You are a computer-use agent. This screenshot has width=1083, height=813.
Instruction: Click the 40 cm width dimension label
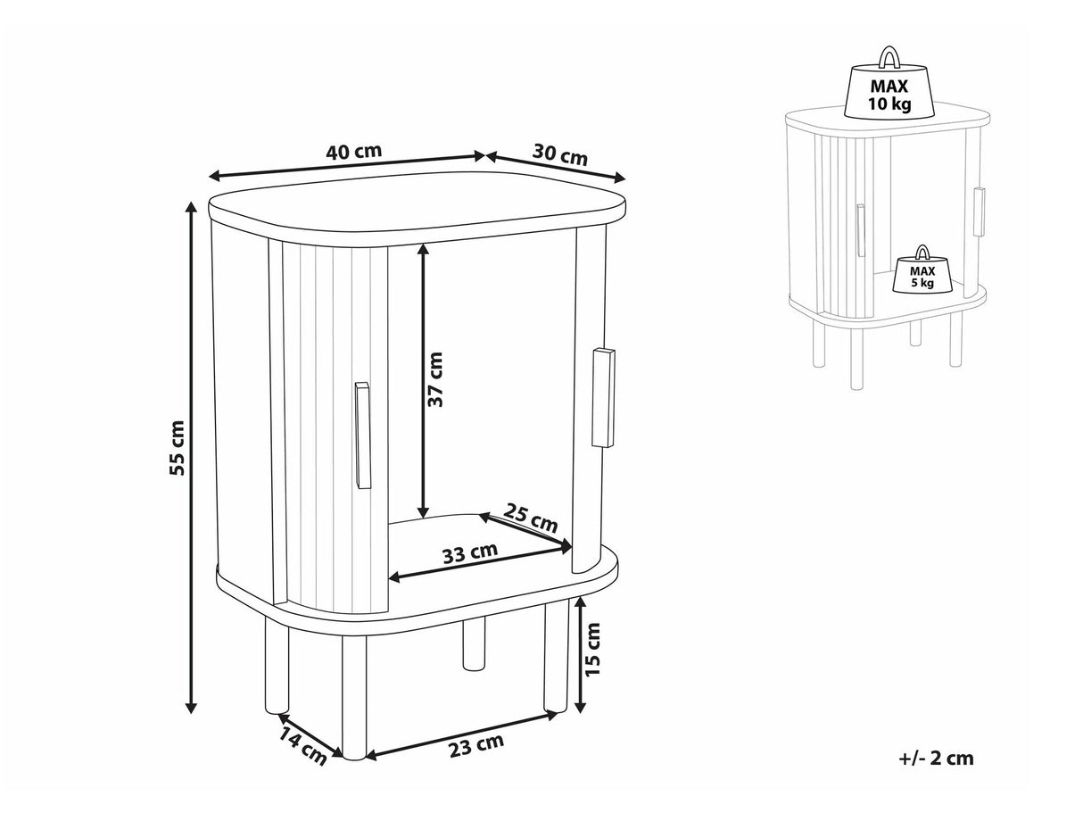[354, 151]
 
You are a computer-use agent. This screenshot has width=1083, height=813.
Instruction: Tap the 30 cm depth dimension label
[560, 154]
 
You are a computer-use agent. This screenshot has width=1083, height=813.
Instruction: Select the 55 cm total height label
[177, 448]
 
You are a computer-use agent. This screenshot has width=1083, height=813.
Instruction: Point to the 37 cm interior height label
[435, 379]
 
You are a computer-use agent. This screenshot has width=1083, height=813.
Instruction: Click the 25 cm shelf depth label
[530, 518]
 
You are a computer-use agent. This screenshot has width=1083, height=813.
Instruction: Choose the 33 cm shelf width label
[470, 553]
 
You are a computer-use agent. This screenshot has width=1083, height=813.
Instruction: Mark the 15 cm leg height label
[592, 650]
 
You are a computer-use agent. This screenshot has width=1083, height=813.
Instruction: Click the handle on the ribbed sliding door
[363, 436]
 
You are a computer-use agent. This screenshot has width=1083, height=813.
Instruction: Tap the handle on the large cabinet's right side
[603, 398]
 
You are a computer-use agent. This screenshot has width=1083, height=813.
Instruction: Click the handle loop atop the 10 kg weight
[890, 59]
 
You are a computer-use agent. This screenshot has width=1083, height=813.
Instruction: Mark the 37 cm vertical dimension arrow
[423, 381]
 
